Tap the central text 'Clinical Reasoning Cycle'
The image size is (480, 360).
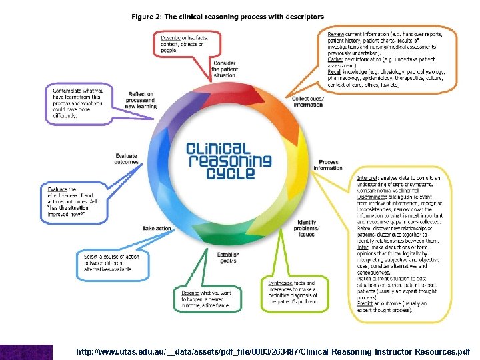click(x=229, y=160)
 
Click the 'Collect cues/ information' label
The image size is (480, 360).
click(x=308, y=101)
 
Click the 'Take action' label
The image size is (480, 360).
click(x=157, y=228)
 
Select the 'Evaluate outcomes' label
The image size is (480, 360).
click(x=126, y=159)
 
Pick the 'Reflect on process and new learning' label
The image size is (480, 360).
click(x=141, y=100)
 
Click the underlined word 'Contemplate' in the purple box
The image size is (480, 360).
click(x=67, y=91)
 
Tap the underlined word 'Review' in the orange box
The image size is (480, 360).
click(x=335, y=34)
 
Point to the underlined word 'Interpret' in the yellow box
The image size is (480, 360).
click(x=367, y=179)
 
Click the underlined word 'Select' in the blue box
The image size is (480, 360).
click(x=91, y=256)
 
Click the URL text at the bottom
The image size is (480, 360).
click(x=273, y=351)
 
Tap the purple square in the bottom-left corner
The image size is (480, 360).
click(x=26, y=351)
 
